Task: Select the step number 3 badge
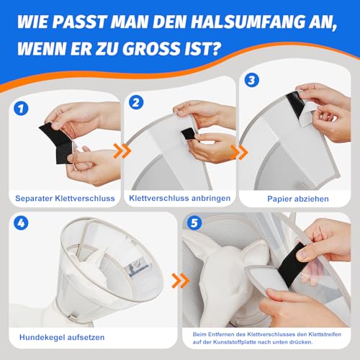[x=251, y=80]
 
